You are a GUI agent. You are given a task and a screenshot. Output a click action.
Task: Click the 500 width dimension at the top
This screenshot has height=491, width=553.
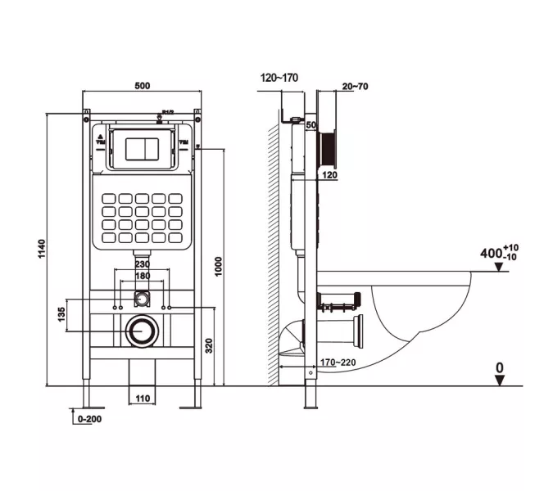(143, 84)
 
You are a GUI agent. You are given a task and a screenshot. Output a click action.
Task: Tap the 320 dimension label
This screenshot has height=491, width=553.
(210, 346)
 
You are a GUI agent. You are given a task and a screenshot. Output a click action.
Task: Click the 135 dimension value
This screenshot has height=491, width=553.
(61, 314)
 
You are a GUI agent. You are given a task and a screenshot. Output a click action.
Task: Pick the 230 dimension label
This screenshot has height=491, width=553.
(142, 264)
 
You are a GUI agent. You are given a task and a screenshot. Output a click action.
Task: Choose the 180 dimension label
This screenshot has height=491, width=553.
(142, 276)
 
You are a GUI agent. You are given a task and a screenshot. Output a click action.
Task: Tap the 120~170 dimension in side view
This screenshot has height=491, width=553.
(279, 78)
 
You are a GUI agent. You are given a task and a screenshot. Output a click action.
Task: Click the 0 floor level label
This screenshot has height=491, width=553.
(499, 369)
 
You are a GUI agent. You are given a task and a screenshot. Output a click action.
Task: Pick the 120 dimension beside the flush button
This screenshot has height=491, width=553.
(329, 175)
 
